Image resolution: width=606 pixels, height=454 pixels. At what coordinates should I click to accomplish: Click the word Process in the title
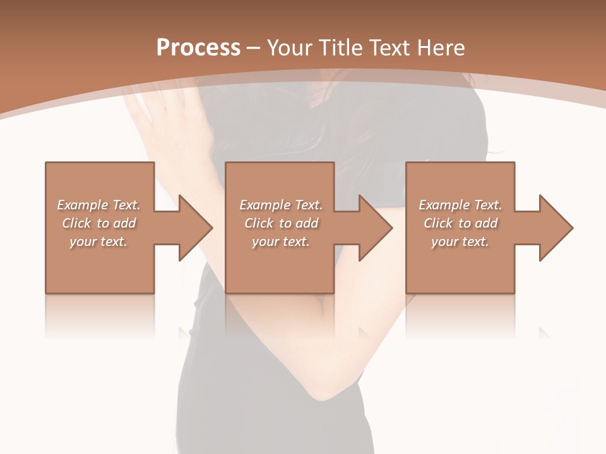198,48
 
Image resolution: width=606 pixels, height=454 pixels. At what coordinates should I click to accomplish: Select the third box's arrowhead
555,228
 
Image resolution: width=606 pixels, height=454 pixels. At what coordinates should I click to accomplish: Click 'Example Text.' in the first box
98,205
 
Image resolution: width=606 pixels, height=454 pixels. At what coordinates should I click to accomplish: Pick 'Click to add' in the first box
99,223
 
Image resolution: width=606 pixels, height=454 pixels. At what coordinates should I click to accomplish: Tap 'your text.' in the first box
98,242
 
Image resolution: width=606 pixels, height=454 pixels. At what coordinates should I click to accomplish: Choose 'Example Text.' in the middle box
281,205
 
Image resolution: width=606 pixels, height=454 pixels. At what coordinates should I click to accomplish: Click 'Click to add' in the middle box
282,223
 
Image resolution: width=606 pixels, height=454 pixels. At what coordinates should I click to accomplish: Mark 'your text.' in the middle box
281,242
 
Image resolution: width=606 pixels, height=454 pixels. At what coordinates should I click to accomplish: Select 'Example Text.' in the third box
460,205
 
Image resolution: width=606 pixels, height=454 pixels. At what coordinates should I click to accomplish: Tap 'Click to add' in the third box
461,223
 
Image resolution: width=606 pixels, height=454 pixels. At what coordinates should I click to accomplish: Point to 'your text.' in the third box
460,242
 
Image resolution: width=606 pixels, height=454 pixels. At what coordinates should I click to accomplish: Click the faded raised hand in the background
158,120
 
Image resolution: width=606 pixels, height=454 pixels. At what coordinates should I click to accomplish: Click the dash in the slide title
254,48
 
